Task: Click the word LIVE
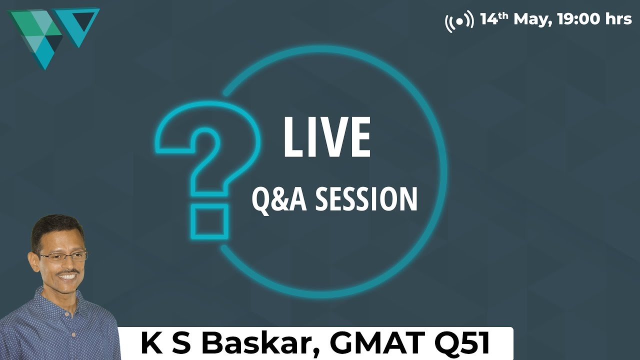click(326, 137)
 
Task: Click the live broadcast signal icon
click(459, 20)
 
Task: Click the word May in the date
click(531, 19)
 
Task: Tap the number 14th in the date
click(494, 19)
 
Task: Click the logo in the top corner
click(52, 35)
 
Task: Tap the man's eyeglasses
click(62, 256)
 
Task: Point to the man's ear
click(34, 260)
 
